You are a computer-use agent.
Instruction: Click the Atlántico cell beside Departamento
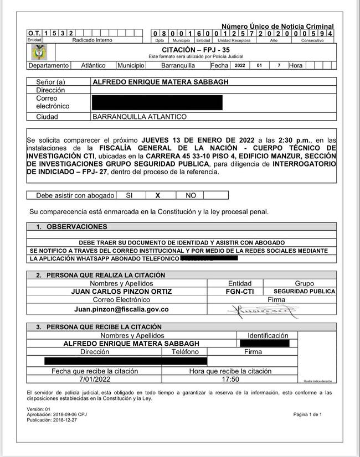pyautogui.click(x=93, y=65)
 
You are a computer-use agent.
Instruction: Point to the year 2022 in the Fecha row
pyautogui.click(x=240, y=65)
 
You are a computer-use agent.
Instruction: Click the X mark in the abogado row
pyautogui.click(x=157, y=195)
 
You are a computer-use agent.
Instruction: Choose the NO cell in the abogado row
pyautogui.click(x=191, y=195)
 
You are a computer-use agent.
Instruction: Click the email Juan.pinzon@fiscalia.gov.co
pyautogui.click(x=121, y=309)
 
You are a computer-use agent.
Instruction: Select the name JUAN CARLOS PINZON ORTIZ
pyautogui.click(x=121, y=292)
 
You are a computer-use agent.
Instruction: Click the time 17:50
pyautogui.click(x=230, y=379)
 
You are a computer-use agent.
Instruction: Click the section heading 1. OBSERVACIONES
pyautogui.click(x=71, y=227)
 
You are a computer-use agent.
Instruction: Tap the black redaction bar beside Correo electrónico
pyautogui.click(x=157, y=102)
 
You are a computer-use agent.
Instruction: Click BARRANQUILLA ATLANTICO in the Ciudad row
pyautogui.click(x=140, y=117)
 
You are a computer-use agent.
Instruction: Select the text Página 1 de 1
pyautogui.click(x=307, y=414)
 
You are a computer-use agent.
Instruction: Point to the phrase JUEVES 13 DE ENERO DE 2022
pyautogui.click(x=189, y=141)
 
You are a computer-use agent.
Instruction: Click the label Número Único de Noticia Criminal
pyautogui.click(x=277, y=27)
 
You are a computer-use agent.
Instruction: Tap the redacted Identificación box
pyautogui.click(x=265, y=344)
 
